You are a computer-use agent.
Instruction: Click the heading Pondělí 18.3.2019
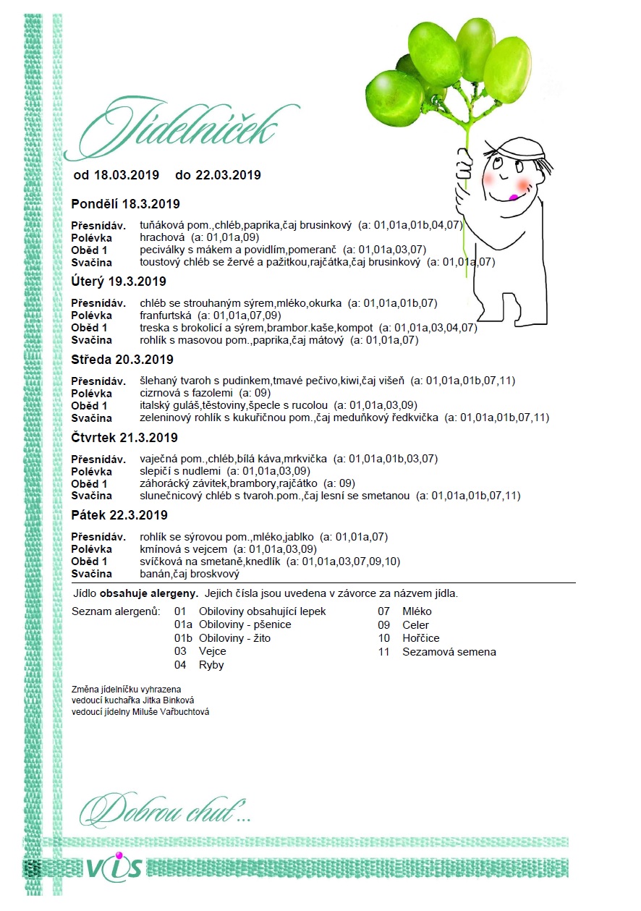(x=126, y=203)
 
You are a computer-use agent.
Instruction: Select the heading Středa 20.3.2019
(x=122, y=360)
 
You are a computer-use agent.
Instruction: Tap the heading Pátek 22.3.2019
(x=119, y=515)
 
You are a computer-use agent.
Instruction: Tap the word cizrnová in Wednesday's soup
(x=161, y=393)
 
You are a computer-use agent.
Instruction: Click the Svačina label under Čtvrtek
(x=92, y=496)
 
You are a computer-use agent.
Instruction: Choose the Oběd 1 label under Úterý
(x=90, y=328)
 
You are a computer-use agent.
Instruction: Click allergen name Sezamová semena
(x=449, y=651)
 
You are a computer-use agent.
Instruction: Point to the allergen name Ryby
(x=211, y=665)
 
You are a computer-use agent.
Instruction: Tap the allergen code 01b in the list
(x=183, y=638)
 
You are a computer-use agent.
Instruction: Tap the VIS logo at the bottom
(x=114, y=868)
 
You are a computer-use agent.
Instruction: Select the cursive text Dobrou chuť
(x=165, y=812)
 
